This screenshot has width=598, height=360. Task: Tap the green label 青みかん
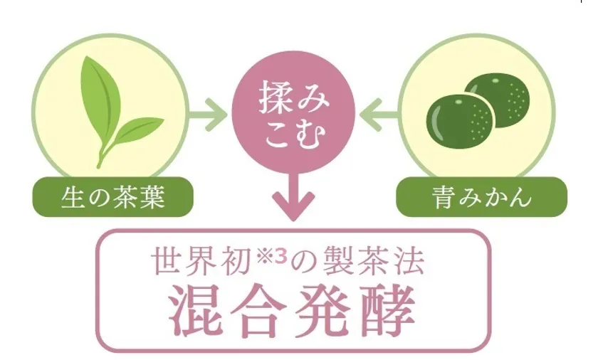click(x=481, y=197)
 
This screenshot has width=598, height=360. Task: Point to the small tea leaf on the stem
click(x=138, y=130)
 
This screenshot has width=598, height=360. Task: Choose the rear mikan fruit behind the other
click(x=498, y=100)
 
